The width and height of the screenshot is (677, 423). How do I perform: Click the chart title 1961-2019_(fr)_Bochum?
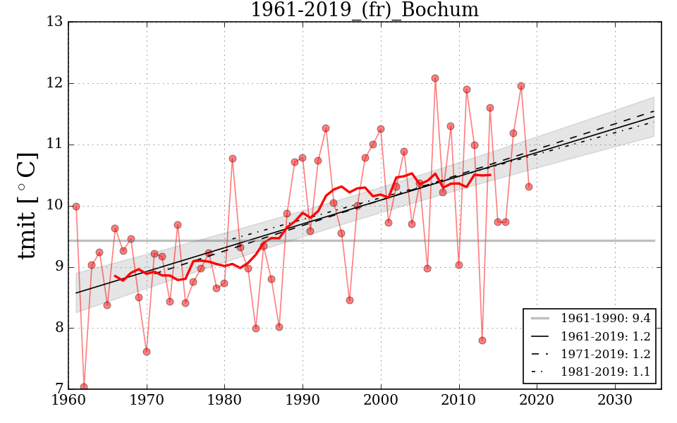tap(365, 11)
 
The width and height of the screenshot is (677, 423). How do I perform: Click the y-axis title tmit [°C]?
tap(27, 206)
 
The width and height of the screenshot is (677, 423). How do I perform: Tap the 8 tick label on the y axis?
tap(57, 328)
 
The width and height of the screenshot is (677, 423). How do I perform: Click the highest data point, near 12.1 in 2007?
tap(435, 78)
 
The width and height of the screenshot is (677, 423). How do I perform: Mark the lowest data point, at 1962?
tap(84, 387)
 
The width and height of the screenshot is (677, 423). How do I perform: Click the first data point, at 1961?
tap(76, 207)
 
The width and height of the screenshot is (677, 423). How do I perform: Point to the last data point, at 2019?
tap(529, 187)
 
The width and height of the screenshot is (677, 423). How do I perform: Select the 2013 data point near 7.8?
tap(482, 341)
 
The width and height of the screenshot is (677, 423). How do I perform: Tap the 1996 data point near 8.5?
tap(350, 300)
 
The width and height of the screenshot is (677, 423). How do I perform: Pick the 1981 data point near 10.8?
tap(233, 159)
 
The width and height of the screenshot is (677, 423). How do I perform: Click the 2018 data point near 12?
tap(521, 86)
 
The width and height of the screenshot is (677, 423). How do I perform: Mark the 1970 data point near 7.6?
tap(147, 352)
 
